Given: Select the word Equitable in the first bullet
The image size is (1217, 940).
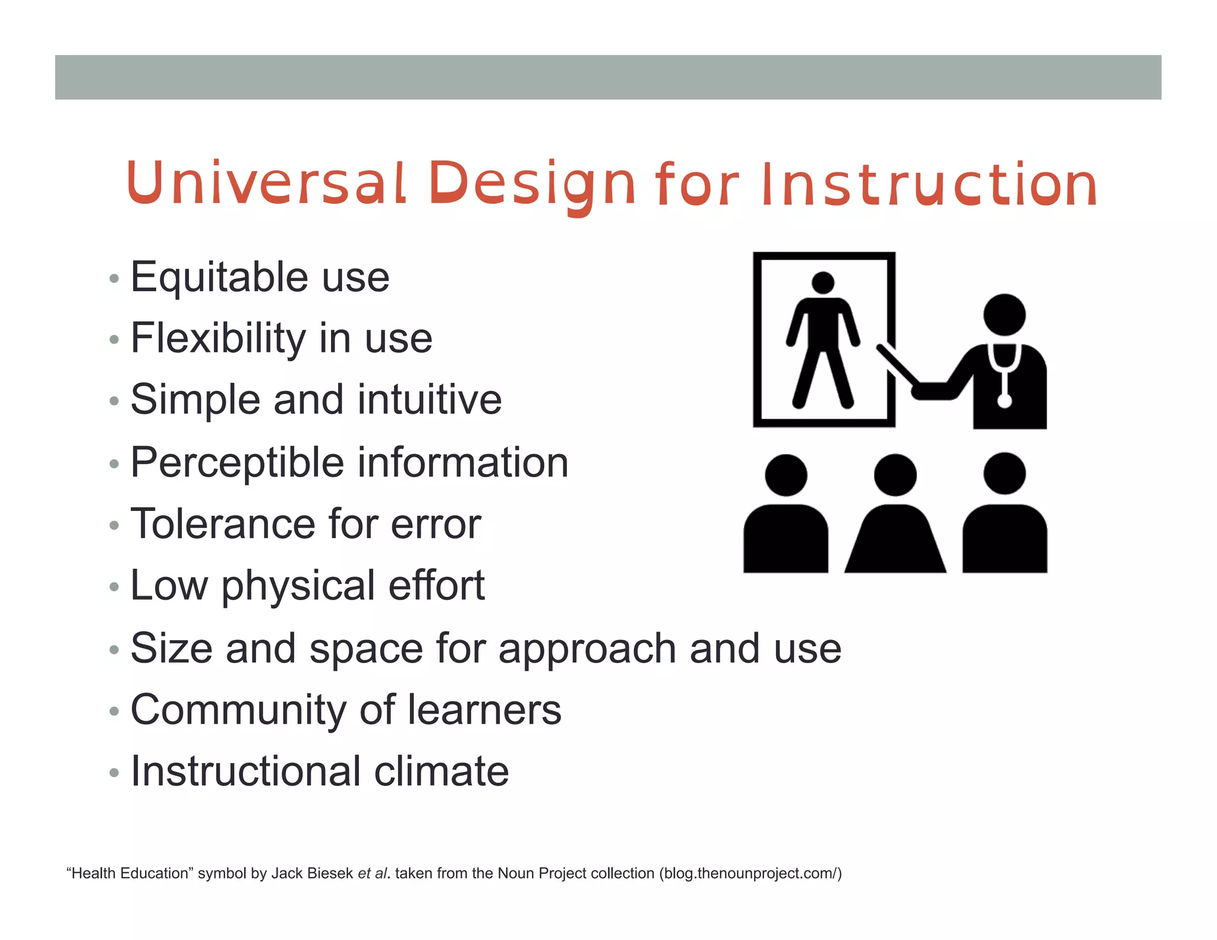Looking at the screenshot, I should tap(219, 278).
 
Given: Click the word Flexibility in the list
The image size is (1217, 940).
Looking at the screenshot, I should tap(217, 339).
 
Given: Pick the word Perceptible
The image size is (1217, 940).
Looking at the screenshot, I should tap(237, 463).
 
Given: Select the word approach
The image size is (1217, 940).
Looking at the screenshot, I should tap(587, 649).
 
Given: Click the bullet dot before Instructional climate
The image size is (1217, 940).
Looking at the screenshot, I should tap(114, 772).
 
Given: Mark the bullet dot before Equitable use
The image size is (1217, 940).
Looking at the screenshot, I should tap(114, 278).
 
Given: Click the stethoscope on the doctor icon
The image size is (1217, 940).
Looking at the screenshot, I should tap(1004, 374).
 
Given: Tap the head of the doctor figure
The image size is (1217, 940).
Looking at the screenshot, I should tap(1004, 314).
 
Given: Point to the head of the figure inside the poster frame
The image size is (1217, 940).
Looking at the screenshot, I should tap(823, 282).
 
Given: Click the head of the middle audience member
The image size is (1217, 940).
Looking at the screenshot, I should tap(895, 475).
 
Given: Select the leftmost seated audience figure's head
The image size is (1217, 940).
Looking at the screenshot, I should tap(786, 475).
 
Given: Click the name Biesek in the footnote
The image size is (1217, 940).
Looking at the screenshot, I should tap(330, 873).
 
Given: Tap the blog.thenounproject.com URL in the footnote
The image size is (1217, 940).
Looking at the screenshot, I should tap(751, 873).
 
